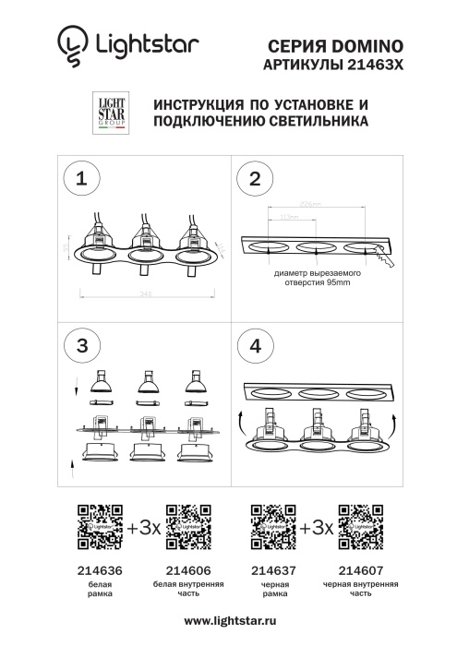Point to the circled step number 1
click(x=83, y=178)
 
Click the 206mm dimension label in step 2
click(x=311, y=204)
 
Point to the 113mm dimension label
click(x=287, y=217)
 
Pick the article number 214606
click(x=187, y=572)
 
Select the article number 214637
click(x=272, y=572)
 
